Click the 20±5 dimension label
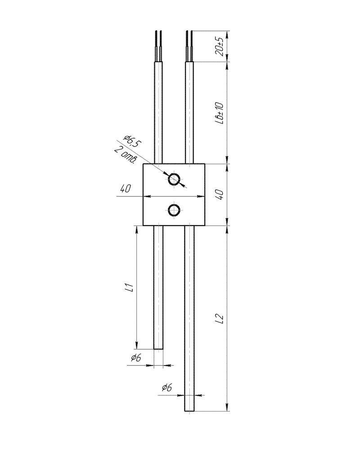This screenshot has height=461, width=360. click(x=219, y=46)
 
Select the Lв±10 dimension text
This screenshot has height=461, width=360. click(x=219, y=113)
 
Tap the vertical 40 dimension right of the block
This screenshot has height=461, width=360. click(x=220, y=194)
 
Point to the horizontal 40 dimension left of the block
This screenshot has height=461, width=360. click(x=126, y=189)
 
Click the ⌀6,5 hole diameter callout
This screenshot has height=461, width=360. click(x=133, y=141)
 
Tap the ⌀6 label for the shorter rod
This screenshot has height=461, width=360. click(x=136, y=357)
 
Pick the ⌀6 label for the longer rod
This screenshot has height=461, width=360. click(x=166, y=388)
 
